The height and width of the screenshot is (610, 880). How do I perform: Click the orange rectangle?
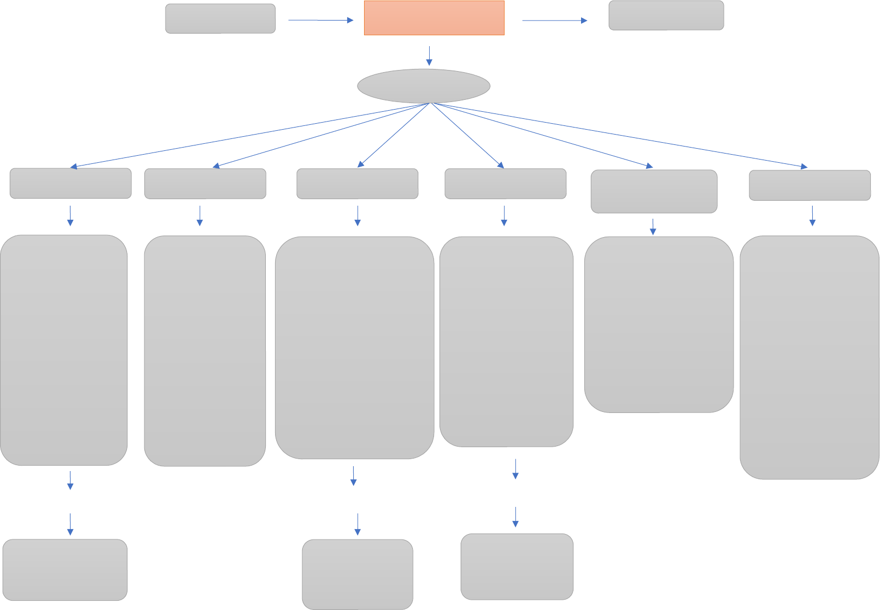point(434,18)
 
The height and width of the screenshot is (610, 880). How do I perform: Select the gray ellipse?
point(424,86)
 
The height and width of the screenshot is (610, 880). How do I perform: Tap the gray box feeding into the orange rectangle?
point(220,18)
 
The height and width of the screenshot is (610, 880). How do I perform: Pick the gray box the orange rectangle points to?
point(666,15)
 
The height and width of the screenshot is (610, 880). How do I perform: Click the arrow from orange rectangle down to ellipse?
point(429,55)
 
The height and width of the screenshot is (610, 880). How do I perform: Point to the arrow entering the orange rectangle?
point(320,20)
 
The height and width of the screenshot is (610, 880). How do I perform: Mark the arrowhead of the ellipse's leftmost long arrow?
point(74,167)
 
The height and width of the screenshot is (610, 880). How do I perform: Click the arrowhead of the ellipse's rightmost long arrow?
point(804,167)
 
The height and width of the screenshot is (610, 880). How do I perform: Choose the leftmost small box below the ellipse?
point(71,183)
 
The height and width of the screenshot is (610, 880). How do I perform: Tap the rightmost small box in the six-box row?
point(810,185)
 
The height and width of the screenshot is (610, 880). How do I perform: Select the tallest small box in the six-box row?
point(654,191)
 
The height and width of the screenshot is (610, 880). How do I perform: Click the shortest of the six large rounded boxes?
point(659,324)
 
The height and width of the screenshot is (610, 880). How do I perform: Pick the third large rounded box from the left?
point(354,347)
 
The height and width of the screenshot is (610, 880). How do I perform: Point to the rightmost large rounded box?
point(809,357)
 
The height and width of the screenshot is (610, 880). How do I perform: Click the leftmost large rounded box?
point(63,350)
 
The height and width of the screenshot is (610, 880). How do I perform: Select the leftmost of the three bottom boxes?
point(65,569)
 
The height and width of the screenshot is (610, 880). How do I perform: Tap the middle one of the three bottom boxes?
point(358,574)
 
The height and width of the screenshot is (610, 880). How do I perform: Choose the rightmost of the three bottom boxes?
point(517,567)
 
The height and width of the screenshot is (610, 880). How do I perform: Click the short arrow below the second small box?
point(200,215)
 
